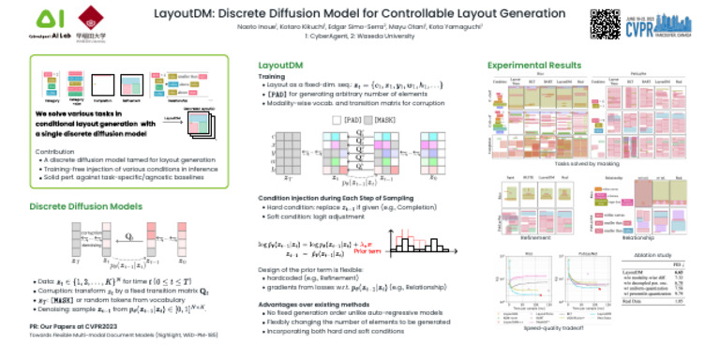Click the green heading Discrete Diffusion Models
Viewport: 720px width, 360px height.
click(x=86, y=204)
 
